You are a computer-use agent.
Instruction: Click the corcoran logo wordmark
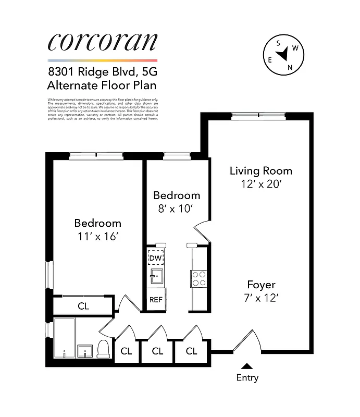102,42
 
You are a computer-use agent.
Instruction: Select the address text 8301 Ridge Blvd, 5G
102,73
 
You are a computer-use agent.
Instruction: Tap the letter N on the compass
290,67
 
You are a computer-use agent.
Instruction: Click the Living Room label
261,170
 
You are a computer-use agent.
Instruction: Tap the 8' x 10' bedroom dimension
176,208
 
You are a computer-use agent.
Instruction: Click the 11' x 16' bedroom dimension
97,236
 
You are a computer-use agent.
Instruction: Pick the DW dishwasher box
156,257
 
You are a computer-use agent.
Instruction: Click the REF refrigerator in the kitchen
156,300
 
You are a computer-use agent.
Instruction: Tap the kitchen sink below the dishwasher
155,276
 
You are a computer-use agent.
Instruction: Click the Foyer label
261,285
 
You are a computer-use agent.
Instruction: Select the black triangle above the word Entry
247,366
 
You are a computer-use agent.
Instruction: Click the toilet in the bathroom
104,349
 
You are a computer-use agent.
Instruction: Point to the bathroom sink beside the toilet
85,351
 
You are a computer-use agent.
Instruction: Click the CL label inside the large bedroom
83,306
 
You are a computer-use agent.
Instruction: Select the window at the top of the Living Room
258,116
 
